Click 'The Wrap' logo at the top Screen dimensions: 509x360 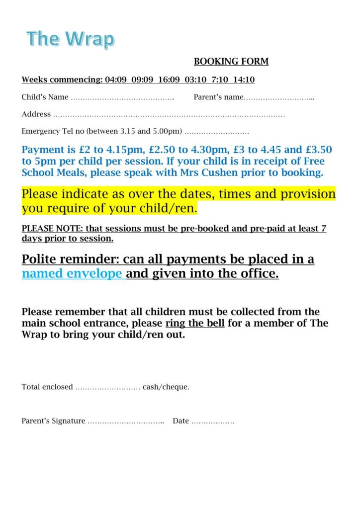coord(70,38)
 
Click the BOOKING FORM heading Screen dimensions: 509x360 coord(231,62)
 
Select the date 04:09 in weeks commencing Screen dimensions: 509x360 coord(116,80)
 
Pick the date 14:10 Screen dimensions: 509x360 coord(244,80)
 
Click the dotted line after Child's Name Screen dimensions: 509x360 coord(122,97)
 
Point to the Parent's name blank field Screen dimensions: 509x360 coord(279,97)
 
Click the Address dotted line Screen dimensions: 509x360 coord(169,115)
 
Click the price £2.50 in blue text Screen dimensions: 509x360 coord(163,150)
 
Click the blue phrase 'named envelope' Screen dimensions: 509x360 coord(72,274)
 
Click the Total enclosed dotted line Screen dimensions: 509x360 coord(107,387)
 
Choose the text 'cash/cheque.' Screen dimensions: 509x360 coord(166,387)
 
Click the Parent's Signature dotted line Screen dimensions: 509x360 coord(126,422)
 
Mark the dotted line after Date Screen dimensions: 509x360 coord(213,422)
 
